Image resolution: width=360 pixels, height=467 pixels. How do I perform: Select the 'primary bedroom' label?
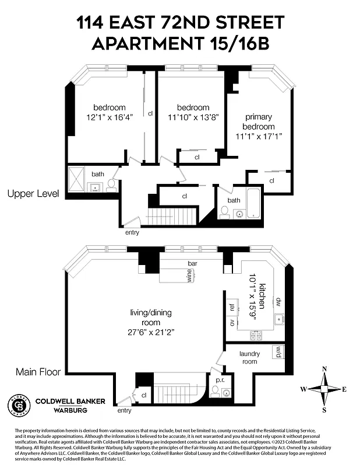coord(259,122)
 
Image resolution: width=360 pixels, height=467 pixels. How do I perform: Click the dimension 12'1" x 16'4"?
coord(110,117)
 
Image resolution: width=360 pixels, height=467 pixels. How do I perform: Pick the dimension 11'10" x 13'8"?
coord(193,117)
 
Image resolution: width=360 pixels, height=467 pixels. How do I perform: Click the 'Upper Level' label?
coord(33,193)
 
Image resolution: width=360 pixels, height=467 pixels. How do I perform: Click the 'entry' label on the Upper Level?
coord(132,232)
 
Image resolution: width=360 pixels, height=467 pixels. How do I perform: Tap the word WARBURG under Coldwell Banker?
coord(62,410)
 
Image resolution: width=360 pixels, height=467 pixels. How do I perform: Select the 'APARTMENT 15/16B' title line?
coord(180,43)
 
